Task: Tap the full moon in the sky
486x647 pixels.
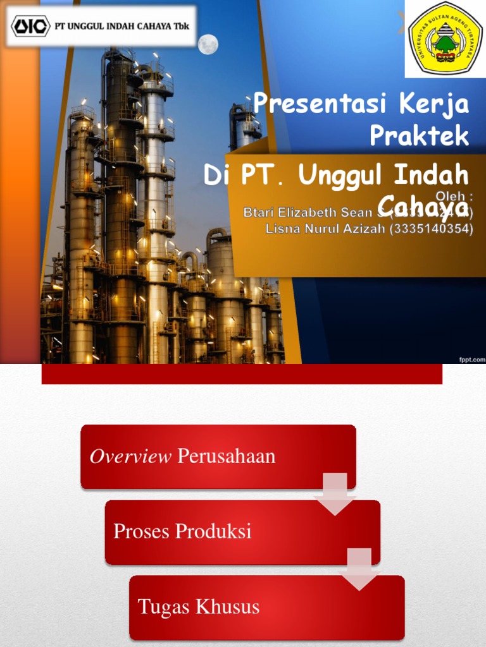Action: click(208, 44)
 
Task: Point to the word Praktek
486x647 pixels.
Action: click(419, 135)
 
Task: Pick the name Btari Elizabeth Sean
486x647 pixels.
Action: click(307, 214)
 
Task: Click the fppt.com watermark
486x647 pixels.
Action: click(471, 359)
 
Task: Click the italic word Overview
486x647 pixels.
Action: click(130, 456)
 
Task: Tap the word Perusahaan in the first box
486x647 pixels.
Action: click(227, 456)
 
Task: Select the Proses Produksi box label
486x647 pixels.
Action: click(182, 532)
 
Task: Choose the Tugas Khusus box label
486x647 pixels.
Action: click(199, 607)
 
